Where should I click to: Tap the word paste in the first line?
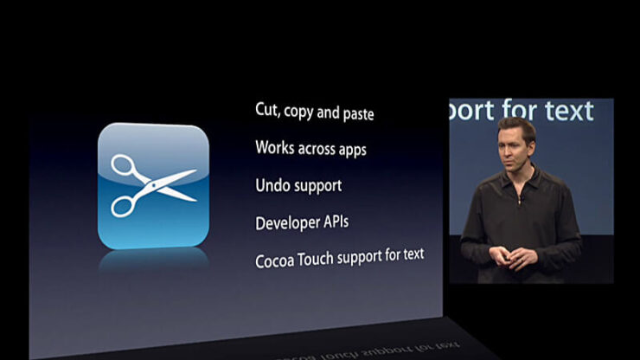point(355,113)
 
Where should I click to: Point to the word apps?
point(348,150)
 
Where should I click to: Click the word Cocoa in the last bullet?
point(274,260)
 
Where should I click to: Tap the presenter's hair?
point(515,126)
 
